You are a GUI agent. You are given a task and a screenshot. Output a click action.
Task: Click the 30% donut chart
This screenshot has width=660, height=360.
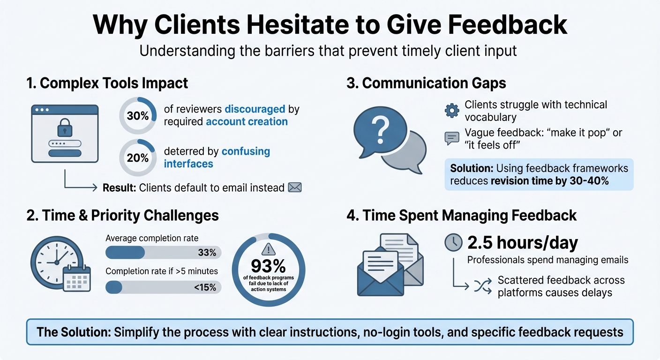click(137, 115)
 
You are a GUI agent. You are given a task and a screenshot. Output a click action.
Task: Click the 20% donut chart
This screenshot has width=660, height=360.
click(137, 157)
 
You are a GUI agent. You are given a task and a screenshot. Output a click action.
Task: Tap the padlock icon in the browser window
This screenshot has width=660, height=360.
click(64, 127)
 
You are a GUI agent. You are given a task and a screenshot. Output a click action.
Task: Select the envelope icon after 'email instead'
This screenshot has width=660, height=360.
click(295, 187)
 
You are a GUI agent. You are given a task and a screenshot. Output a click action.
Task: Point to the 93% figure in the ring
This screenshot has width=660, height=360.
click(268, 266)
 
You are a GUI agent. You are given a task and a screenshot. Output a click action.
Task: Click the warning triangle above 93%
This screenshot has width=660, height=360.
click(269, 248)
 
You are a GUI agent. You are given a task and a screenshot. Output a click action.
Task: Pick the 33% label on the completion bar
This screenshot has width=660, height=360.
click(207, 253)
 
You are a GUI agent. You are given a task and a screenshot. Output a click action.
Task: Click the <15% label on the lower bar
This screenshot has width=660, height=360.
click(205, 287)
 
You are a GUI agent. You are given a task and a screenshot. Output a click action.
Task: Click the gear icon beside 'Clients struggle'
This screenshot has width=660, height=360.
click(452, 111)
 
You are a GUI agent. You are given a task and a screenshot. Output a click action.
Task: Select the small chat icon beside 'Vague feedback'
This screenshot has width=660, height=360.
click(451, 138)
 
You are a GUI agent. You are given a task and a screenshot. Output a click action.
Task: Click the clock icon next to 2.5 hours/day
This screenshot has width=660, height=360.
click(453, 242)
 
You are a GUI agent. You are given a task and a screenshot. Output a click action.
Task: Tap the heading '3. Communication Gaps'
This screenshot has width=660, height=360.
click(426, 83)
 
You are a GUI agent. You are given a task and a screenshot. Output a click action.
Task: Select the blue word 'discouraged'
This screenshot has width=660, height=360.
click(255, 109)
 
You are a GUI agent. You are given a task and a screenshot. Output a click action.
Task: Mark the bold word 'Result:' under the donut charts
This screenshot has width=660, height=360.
click(119, 187)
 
